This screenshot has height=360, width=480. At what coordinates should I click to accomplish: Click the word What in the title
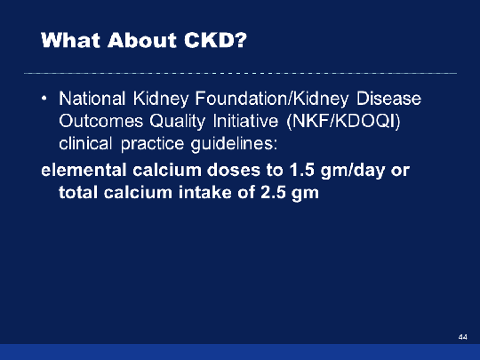click(x=71, y=40)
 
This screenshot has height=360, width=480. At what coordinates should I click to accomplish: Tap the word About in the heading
click(x=142, y=40)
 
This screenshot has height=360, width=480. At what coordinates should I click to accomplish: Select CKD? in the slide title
click(x=215, y=40)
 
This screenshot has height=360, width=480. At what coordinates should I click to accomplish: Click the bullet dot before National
click(x=44, y=99)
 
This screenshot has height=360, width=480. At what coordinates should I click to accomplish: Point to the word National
click(x=92, y=99)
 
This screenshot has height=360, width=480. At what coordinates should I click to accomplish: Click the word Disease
click(x=388, y=99)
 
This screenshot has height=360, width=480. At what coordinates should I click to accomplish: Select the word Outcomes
click(x=101, y=121)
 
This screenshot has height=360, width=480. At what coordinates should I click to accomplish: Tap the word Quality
click(x=177, y=122)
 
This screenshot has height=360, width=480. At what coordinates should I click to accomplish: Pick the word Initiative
click(x=245, y=121)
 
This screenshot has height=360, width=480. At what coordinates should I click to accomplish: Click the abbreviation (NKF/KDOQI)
click(x=343, y=122)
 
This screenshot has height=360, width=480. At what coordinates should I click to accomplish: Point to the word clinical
click(x=85, y=143)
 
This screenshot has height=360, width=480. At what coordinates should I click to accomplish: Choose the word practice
click(x=152, y=144)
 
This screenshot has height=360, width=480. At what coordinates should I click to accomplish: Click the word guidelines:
click(x=234, y=144)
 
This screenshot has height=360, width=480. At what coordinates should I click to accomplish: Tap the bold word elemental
click(x=84, y=170)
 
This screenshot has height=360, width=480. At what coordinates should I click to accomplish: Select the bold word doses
click(x=234, y=170)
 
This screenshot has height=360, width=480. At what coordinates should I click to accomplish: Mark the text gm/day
click(x=353, y=172)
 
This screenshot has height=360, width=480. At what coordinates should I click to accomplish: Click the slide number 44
click(x=463, y=337)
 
